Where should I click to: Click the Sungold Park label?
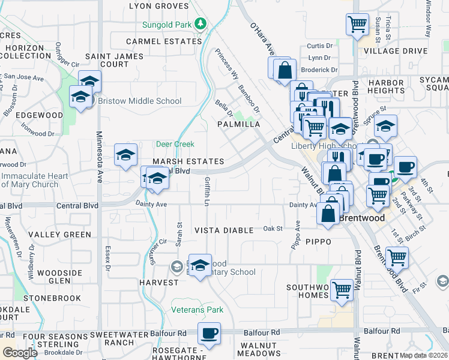coord(166,25)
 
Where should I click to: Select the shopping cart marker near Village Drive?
coord(357,25)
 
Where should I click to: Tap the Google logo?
coord(19,353)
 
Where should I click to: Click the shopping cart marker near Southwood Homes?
coord(342,290)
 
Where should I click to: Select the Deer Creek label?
coord(175,144)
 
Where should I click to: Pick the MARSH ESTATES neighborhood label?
coord(188,162)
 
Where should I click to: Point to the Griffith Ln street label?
coord(206,191)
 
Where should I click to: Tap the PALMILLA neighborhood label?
coord(238,124)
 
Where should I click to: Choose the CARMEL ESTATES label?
coord(163,41)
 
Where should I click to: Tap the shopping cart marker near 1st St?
coord(397,257)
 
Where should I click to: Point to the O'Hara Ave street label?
coord(262,38)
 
